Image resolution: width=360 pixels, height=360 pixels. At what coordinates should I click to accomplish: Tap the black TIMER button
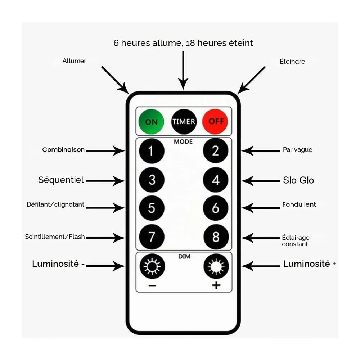coord(184,121)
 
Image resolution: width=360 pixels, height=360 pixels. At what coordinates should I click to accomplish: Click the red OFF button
coord(215,121)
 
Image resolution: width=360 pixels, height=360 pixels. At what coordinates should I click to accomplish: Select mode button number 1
coord(152,151)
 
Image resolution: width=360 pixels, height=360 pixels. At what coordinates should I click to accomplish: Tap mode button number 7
coord(152,237)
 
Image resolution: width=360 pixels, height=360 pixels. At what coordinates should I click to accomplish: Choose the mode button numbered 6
coord(216,208)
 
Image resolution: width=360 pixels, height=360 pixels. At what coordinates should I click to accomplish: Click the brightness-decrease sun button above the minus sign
coord(152,266)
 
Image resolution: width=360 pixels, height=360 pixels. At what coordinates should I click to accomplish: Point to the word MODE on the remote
coord(183,141)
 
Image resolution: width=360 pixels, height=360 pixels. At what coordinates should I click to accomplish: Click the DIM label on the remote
coord(184,256)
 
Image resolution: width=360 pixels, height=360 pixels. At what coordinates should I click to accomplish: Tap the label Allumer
coord(75,61)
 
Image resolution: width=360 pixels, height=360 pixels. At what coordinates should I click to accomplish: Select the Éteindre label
coord(292,61)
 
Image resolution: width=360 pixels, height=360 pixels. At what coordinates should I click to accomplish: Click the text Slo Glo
coord(298,180)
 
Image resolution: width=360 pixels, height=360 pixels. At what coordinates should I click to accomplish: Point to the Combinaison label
coord(63,150)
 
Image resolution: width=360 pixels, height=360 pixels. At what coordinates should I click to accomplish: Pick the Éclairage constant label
coord(296,240)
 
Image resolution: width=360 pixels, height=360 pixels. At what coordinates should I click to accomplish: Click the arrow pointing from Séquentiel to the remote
coord(105,181)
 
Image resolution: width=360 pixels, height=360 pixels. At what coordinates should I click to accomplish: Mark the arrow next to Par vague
coord(261,151)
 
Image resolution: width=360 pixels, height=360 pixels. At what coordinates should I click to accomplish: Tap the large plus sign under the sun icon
coord(216,285)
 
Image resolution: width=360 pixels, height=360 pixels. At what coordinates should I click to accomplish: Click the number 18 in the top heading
coord(190,43)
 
